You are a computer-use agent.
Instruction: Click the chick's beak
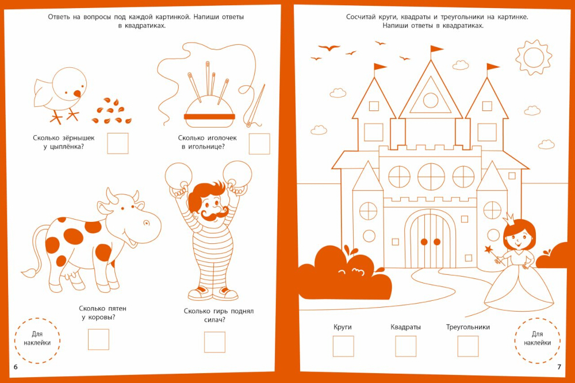78,93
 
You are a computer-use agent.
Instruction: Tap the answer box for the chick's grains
118,143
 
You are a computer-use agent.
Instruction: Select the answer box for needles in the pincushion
259,143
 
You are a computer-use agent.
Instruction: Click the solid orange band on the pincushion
209,117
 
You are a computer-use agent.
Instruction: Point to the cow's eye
146,223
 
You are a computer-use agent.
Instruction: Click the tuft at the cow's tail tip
29,273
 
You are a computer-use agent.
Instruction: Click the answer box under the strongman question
214,342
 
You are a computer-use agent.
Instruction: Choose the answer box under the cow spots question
99,339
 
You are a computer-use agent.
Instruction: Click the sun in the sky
534,58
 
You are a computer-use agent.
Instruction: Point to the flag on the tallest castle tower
437,49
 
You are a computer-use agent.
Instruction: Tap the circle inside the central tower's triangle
431,100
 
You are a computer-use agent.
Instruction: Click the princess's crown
509,219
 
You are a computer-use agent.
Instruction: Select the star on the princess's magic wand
488,250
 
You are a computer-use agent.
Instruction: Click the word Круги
343,327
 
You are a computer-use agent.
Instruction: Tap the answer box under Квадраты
405,346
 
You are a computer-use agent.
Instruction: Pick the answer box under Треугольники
468,346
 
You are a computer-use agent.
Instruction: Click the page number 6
16,367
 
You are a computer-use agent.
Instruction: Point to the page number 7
559,367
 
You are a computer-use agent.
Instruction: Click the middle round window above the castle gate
431,177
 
